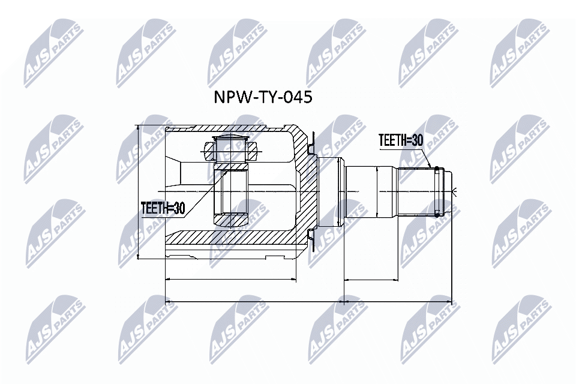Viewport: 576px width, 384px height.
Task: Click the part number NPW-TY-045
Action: coord(263,97)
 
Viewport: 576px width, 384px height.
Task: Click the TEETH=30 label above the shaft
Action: coord(400,140)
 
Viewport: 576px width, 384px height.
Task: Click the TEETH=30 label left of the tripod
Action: coord(163,208)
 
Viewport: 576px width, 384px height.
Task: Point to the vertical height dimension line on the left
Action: coord(139,192)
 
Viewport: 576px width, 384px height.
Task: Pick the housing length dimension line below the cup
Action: coord(230,279)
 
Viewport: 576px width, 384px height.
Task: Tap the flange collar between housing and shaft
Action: coord(329,192)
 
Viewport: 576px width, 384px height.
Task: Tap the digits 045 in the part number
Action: coord(298,97)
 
